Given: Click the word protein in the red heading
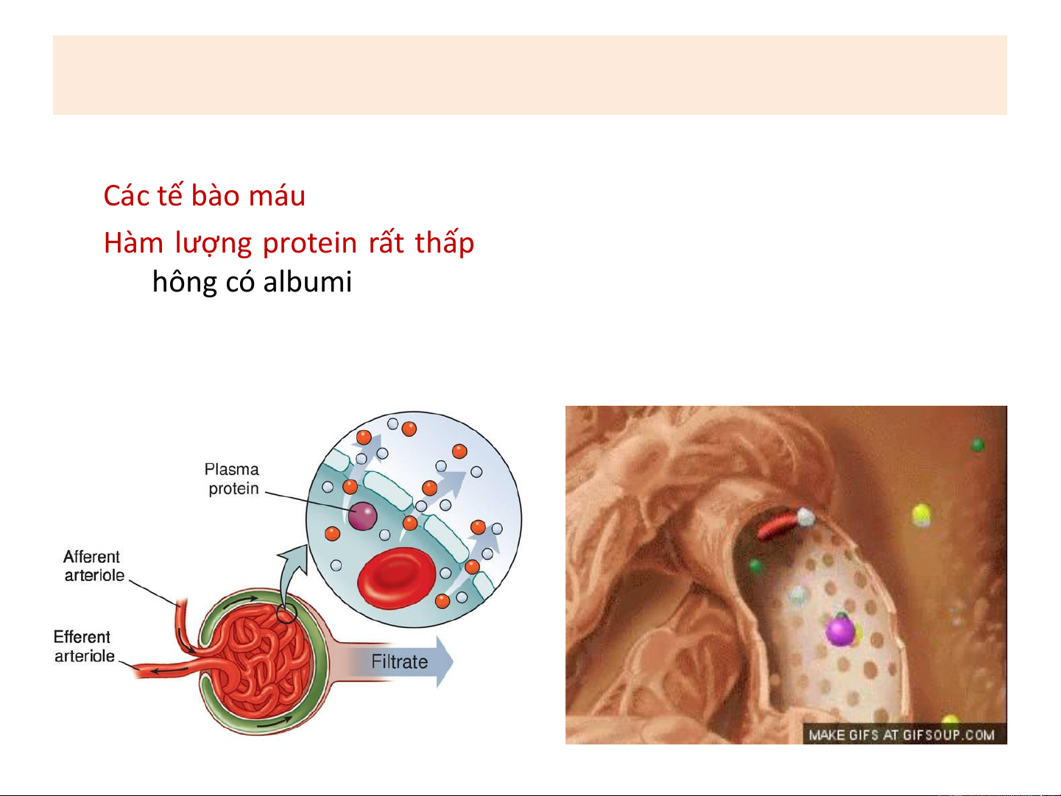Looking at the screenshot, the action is point(310,243).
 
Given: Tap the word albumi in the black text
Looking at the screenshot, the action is point(308,282).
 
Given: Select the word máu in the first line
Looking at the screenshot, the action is point(277,196).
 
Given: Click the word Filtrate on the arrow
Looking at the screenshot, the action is point(399,662).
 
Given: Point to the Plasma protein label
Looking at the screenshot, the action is point(231,479).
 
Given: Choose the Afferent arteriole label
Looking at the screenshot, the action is point(94,566).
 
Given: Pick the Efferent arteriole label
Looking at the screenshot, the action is point(84,647).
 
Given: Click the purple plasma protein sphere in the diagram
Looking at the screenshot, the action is point(362,516).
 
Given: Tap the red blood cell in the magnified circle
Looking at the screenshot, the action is point(396,577).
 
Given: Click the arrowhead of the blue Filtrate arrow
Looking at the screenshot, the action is point(445,662).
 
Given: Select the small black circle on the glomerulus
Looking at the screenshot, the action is point(286,614).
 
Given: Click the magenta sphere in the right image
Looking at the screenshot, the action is point(840,630).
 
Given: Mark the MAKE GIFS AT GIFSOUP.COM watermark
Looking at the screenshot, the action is point(902,735).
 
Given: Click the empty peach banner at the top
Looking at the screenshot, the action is point(530,75).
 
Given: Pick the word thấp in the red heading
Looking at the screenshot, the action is point(445,242).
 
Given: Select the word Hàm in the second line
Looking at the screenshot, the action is point(134,242).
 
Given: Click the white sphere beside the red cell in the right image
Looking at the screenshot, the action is point(806,517).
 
